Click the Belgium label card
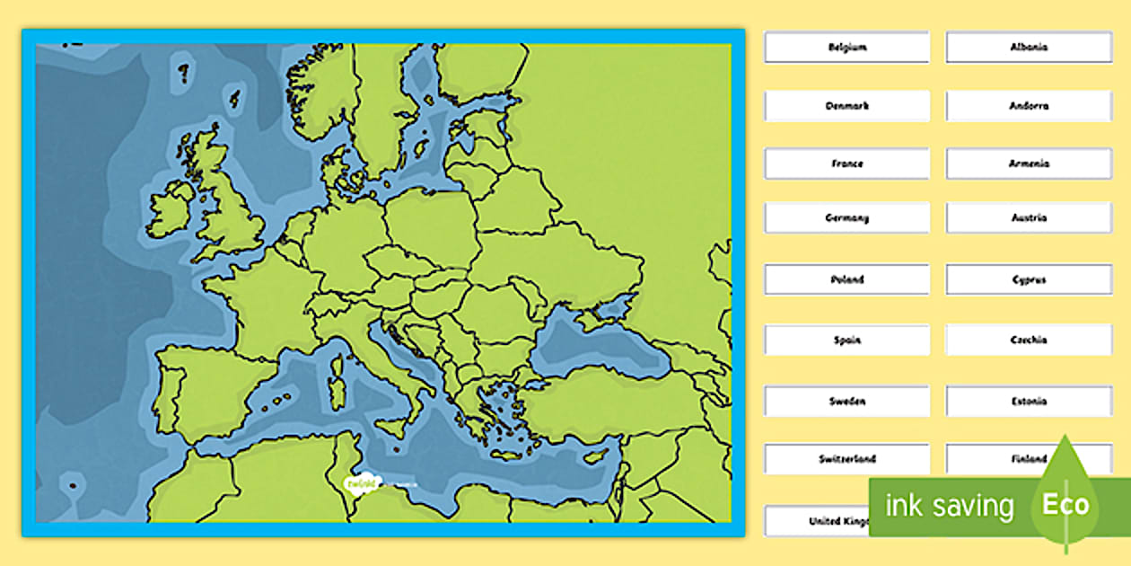coord(846,48)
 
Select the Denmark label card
coord(846,106)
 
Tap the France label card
coord(846,164)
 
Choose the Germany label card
coord(846,218)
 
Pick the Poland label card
coord(846,279)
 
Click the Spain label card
coord(846,340)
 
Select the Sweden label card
coord(846,402)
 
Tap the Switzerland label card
coord(846,459)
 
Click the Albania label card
coord(1029,48)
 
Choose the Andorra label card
coord(1029,106)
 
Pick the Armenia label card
coord(1029,164)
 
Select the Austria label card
coord(1029,218)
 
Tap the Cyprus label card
coord(1029,279)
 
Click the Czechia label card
coord(1029,340)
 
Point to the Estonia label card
coord(1029,402)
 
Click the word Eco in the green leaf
coord(1065,505)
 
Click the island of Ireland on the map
coord(171,211)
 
